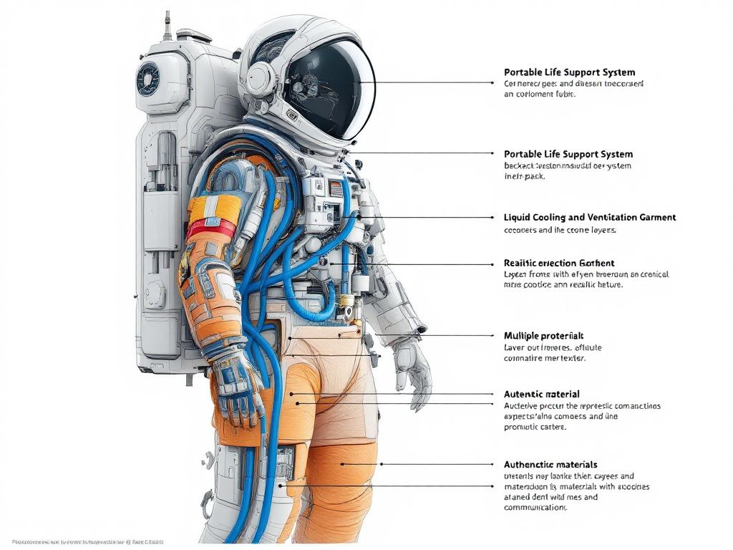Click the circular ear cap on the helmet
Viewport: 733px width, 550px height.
tap(261, 74)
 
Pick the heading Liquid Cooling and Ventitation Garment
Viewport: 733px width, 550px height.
tap(589, 217)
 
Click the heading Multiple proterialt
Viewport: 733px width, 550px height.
tap(543, 335)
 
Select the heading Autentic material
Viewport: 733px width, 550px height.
tap(541, 394)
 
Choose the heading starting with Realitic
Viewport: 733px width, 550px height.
tap(559, 263)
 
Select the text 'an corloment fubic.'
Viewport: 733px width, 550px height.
tap(540, 94)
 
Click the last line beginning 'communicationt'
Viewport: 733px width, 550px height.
tap(535, 508)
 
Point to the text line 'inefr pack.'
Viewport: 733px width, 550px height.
tap(525, 176)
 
